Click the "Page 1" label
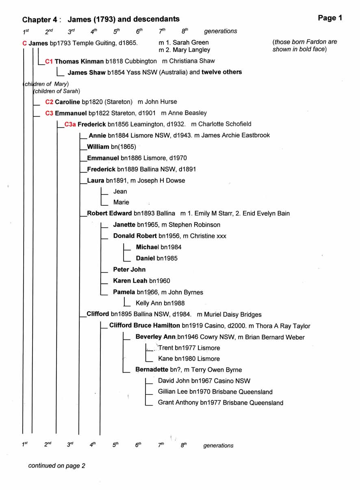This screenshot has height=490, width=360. coord(330,18)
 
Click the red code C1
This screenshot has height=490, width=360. coord(49,61)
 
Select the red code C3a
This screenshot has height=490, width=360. coord(70,124)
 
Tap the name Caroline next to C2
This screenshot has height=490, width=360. coord(67,102)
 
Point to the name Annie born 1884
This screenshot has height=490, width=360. coord(97,135)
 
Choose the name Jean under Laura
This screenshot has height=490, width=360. coord(120,192)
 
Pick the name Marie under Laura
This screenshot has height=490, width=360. coord(121,203)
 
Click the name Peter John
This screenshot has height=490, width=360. coord(129,270)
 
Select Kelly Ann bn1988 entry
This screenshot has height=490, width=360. coord(160,303)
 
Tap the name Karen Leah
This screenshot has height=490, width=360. coord(130,281)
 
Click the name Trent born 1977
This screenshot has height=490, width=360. coord(165,348)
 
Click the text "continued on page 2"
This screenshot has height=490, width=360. coord(56,466)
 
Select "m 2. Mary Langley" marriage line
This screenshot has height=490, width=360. coord(184,50)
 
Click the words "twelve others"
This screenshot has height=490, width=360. coord(221,72)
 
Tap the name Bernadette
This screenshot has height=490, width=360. coord(152,370)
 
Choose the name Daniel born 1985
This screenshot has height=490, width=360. coord(145,258)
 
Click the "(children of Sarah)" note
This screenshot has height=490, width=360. coord(57,91)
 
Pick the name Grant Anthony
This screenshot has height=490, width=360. coord(178,403)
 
